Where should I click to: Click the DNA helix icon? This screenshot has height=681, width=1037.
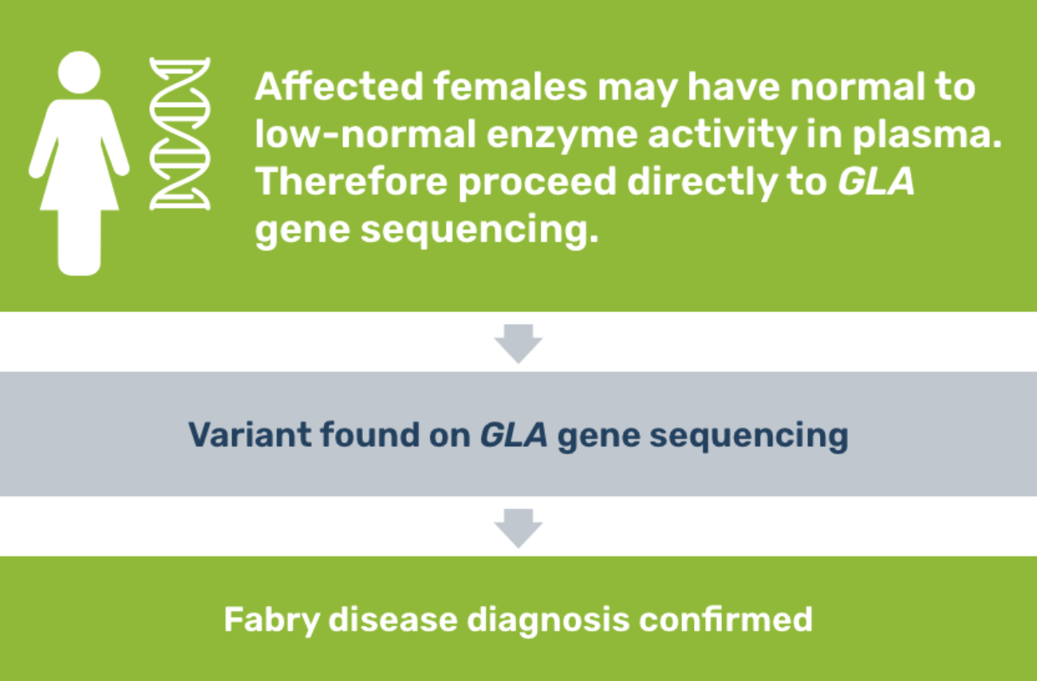tap(180, 133)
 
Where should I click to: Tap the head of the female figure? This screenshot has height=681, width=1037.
tap(79, 71)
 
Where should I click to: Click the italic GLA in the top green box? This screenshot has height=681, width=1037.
tap(875, 182)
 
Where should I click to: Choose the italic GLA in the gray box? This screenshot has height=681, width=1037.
tap(514, 435)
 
